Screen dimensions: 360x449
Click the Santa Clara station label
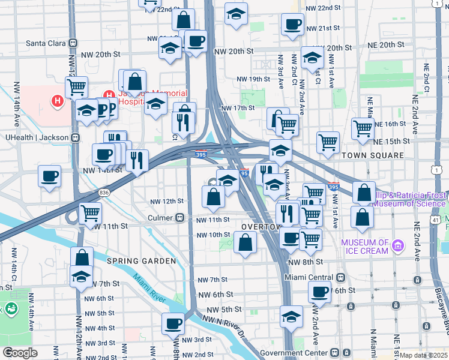[46, 43]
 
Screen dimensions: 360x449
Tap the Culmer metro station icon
[179, 218]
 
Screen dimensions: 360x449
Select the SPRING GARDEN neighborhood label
[141, 261]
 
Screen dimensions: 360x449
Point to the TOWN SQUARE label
[373, 155]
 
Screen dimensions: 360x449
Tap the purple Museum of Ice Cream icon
[397, 245]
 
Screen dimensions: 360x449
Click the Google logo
[20, 353]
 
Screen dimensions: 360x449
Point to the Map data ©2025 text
[423, 355]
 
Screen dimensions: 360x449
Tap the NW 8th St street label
[305, 262]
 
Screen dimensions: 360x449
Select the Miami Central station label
[309, 278]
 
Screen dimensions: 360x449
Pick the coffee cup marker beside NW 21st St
[292, 26]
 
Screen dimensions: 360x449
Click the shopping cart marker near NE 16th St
[363, 129]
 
